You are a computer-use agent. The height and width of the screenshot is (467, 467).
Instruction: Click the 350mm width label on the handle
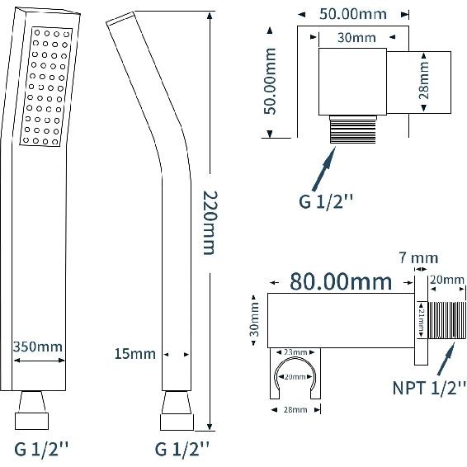click(x=38, y=347)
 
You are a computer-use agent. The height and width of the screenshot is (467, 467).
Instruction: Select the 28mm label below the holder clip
click(x=295, y=409)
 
